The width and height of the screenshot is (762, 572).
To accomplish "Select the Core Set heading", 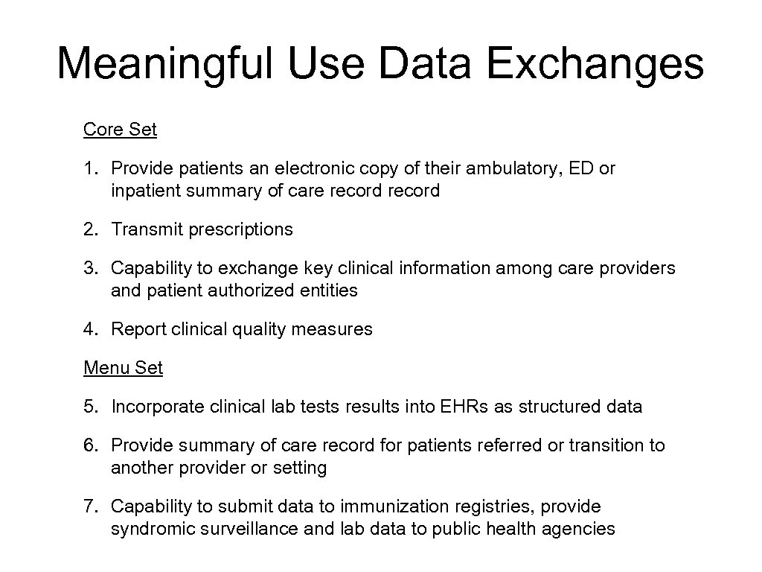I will click(120, 130).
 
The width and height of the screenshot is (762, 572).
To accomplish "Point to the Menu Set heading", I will click(123, 368).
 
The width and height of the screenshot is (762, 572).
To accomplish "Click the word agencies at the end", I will click(583, 529).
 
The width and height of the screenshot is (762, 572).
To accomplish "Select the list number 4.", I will click(89, 329).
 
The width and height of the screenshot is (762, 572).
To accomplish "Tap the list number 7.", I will click(89, 506).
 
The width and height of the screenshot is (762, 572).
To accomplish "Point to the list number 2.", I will click(89, 229).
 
